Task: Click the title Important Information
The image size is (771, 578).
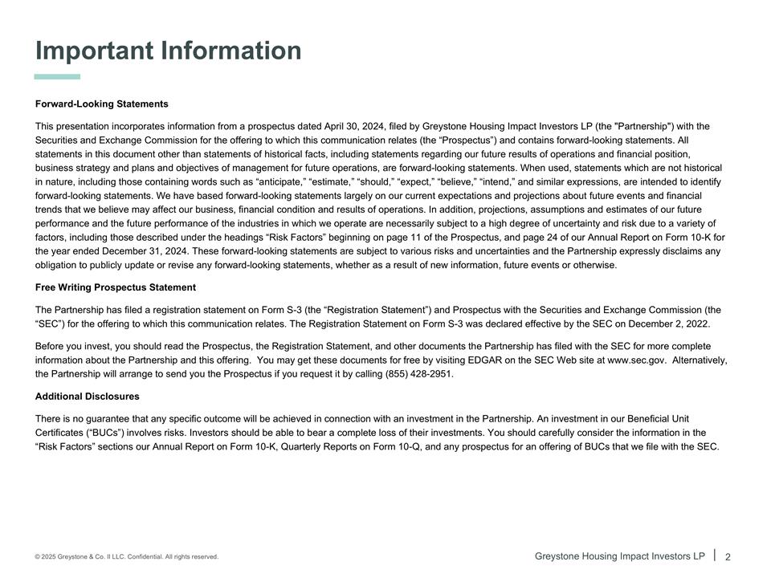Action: coord(169,51)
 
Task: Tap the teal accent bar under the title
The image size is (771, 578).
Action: coord(58,77)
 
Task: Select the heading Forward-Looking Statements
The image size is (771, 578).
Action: coord(102,104)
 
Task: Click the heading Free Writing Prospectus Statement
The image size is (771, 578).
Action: coord(116,287)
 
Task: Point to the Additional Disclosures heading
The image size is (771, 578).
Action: coord(88,397)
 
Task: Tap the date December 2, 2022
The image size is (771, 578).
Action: coord(671,324)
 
